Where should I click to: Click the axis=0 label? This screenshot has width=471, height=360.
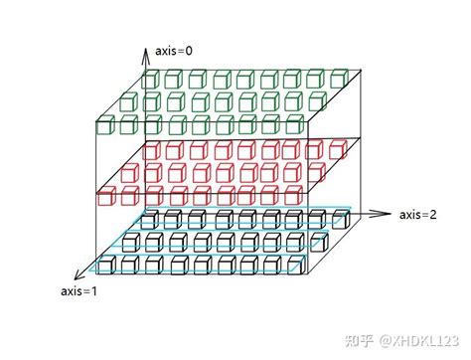(175, 49)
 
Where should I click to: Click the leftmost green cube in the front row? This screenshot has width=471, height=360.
(106, 126)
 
